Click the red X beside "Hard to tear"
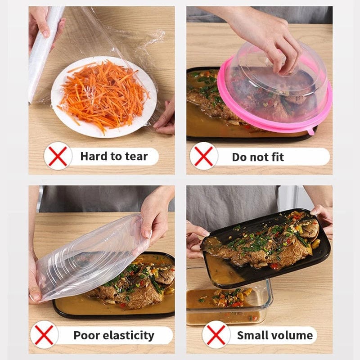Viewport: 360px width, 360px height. tap(58, 156)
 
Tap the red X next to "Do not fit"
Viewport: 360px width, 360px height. tap(204, 156)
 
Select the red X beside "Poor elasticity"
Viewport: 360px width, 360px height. tap(44, 335)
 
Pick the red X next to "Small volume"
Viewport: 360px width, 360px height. tap(216, 335)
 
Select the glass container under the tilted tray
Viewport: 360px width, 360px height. tap(229, 301)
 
